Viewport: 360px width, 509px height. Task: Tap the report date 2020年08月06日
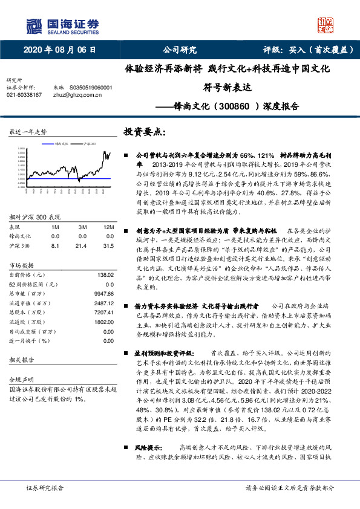point(59,50)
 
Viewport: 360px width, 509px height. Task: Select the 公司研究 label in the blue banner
point(180,50)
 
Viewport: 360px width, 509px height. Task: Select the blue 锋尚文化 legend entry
point(63,143)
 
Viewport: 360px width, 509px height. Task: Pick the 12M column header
point(109,226)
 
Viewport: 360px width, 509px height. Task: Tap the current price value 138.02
point(105,274)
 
